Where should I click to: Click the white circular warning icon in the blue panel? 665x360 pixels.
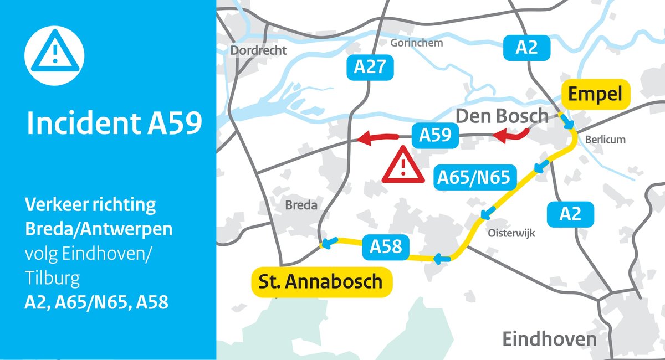[x=54, y=54]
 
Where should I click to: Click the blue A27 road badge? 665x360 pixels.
[x=370, y=68]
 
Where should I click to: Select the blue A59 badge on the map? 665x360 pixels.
[x=434, y=135]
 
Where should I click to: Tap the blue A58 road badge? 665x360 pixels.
[x=386, y=245]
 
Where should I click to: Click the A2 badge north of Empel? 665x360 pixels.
[x=526, y=48]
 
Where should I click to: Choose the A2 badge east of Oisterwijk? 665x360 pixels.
[x=570, y=214]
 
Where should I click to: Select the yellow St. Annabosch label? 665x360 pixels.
[x=322, y=281]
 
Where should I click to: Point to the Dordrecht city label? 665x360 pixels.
[x=258, y=50]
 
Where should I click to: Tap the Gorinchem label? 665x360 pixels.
[x=417, y=43]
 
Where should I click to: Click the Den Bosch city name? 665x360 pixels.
[x=502, y=116]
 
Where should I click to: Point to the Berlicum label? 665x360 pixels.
[x=605, y=140]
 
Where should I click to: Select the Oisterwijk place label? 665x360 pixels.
[x=511, y=234]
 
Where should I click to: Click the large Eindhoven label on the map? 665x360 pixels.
[x=549, y=338]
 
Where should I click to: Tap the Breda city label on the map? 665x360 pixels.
[x=301, y=205]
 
